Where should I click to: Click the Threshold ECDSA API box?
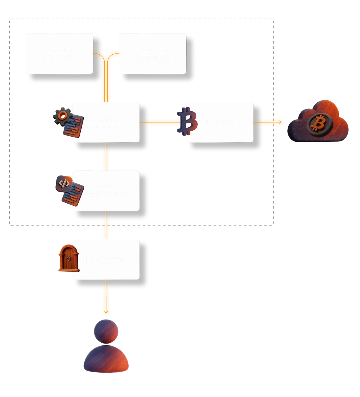tap(59, 53)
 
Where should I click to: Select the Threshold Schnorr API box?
tap(152, 53)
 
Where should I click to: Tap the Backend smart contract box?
tap(106, 122)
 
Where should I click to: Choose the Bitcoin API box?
tap(220, 122)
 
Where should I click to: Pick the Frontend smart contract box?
tap(106, 191)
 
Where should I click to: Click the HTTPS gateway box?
tap(106, 259)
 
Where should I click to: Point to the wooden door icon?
tap(68, 257)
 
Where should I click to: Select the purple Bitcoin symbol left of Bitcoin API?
tap(187, 121)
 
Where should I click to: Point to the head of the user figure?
tap(106, 331)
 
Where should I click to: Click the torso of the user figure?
tap(106, 360)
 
